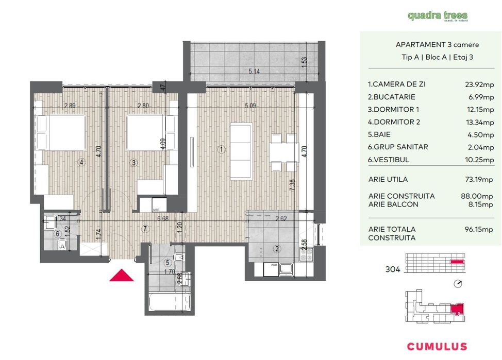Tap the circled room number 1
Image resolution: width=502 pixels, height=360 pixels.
click(221, 150)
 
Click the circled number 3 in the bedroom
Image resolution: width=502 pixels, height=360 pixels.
click(133, 163)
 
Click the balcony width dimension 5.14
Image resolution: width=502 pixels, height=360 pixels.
click(254, 72)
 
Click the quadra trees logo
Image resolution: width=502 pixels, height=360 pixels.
click(438, 16)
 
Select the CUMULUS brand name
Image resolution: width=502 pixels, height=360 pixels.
click(437, 347)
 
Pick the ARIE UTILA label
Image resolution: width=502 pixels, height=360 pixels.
click(388, 180)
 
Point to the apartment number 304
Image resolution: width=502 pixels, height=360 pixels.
click(393, 269)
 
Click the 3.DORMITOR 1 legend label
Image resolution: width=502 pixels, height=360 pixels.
click(393, 110)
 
